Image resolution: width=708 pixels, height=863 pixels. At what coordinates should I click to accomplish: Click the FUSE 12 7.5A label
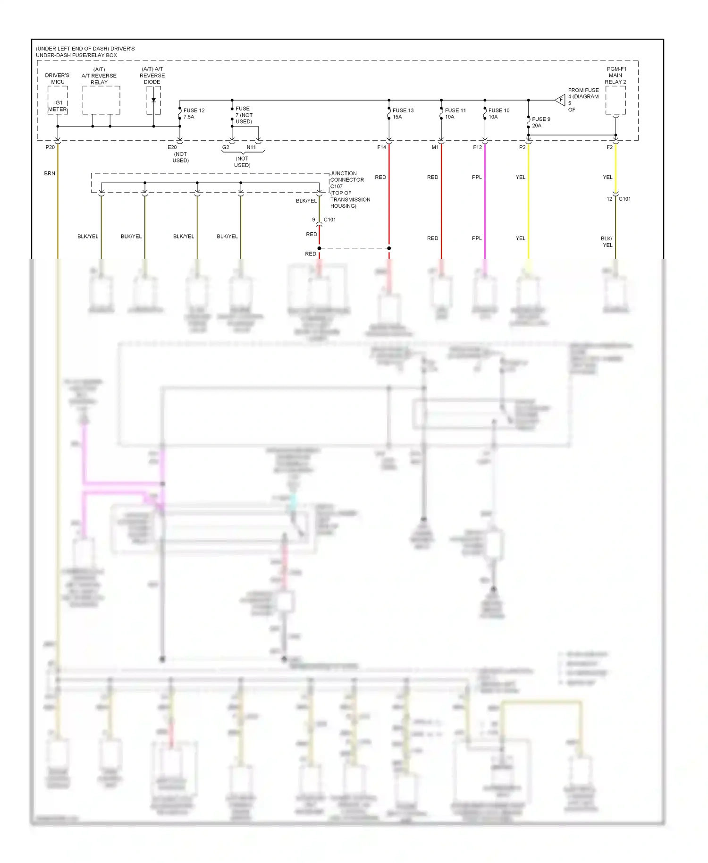(194, 114)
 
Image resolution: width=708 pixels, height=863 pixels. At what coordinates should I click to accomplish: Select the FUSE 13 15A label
(403, 114)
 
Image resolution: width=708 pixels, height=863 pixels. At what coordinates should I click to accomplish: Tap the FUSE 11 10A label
(455, 114)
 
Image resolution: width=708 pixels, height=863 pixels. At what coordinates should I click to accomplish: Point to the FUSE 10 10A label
(498, 114)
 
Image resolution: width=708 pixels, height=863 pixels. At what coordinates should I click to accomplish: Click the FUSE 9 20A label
(541, 122)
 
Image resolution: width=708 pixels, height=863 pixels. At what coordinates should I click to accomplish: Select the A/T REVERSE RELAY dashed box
(101, 100)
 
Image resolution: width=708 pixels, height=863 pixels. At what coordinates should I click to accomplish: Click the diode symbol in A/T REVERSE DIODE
(153, 100)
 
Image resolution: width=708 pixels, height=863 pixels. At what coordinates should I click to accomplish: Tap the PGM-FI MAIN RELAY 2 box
(615, 100)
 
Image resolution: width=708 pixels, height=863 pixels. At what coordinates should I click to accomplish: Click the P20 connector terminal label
(50, 147)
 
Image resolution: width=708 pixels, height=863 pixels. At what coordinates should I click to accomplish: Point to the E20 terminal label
(172, 147)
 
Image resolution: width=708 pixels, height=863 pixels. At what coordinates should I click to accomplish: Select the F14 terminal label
(381, 147)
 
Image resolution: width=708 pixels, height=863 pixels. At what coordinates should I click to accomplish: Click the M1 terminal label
(435, 147)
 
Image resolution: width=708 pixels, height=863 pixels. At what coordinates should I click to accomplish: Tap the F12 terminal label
(478, 147)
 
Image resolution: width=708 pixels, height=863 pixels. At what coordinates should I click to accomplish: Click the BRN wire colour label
(50, 174)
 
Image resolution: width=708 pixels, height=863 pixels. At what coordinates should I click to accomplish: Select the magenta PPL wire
(485, 208)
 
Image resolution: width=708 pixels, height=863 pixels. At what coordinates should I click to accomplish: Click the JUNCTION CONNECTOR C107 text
(347, 180)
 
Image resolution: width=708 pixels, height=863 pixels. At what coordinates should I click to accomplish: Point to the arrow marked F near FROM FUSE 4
(560, 100)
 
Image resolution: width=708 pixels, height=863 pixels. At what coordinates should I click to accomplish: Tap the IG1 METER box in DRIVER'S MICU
(58, 106)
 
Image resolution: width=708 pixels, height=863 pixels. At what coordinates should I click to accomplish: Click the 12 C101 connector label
(619, 199)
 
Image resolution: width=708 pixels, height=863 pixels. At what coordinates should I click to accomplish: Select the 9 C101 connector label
(324, 220)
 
